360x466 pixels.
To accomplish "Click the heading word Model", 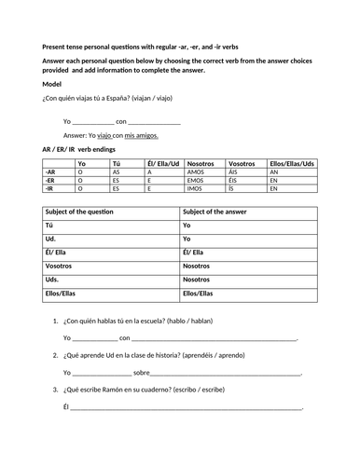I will pyautogui.click(x=53, y=84).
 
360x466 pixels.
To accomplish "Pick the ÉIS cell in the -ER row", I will pyautogui.click(x=234, y=180).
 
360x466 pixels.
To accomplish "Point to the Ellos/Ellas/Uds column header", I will pyautogui.click(x=291, y=162).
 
